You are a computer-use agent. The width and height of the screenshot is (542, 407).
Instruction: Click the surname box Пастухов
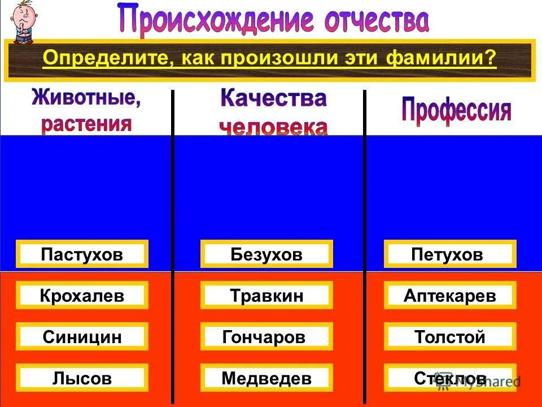(82, 254)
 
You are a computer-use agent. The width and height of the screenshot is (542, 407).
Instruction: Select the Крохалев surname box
(82, 296)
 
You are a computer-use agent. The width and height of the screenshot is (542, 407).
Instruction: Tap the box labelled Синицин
(82, 337)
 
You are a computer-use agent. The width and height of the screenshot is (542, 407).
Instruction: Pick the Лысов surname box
(82, 378)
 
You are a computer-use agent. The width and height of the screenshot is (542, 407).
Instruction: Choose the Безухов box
(266, 254)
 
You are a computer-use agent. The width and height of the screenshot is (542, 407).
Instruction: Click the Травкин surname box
(266, 296)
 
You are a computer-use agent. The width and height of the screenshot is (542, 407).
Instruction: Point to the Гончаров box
(266, 337)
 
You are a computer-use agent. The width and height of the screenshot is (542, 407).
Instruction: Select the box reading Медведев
(266, 378)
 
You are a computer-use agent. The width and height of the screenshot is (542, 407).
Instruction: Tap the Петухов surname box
(450, 254)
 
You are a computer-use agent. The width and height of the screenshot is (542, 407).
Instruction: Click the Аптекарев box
(450, 296)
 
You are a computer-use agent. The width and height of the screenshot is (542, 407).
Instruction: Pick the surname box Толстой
(450, 337)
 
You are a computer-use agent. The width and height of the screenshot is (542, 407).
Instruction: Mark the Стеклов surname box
(450, 378)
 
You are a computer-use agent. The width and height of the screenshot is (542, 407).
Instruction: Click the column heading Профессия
(456, 111)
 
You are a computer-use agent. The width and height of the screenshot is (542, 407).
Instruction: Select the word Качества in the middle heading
(273, 99)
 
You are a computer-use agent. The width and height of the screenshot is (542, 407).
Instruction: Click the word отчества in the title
(375, 20)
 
